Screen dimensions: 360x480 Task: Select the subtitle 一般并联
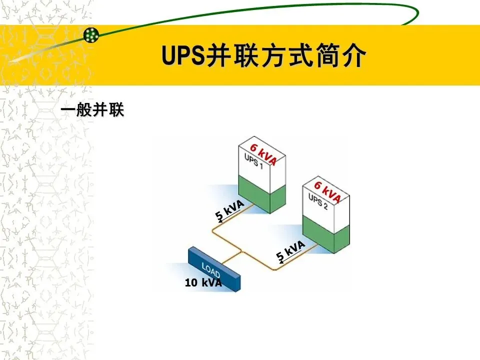click(x=92, y=110)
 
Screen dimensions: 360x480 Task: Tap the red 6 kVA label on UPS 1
click(x=263, y=153)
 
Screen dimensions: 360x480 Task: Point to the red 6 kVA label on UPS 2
click(x=327, y=192)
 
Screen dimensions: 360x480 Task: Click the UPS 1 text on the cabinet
click(x=253, y=161)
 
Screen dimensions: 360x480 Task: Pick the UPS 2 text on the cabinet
click(x=318, y=201)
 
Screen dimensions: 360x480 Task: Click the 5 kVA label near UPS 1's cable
click(x=229, y=209)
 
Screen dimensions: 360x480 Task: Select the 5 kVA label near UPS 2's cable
click(x=290, y=250)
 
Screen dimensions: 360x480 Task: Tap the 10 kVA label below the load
click(x=203, y=283)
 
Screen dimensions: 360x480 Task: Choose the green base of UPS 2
click(x=325, y=233)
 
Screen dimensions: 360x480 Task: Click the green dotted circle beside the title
click(x=91, y=34)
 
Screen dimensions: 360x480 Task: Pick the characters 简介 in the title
click(x=344, y=55)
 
